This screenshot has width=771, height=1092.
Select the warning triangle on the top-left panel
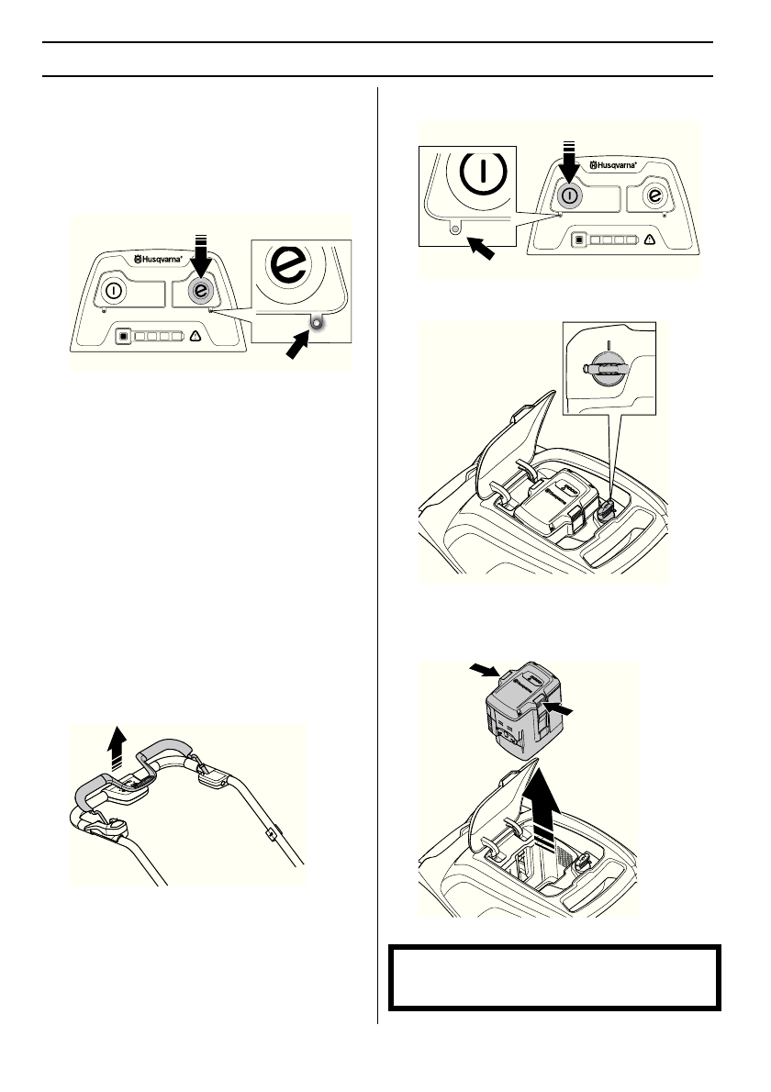click(196, 336)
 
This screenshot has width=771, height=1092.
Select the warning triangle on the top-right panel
click(650, 241)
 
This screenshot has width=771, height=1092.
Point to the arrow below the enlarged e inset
click(300, 349)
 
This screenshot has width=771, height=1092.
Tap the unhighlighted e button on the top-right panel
click(654, 195)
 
